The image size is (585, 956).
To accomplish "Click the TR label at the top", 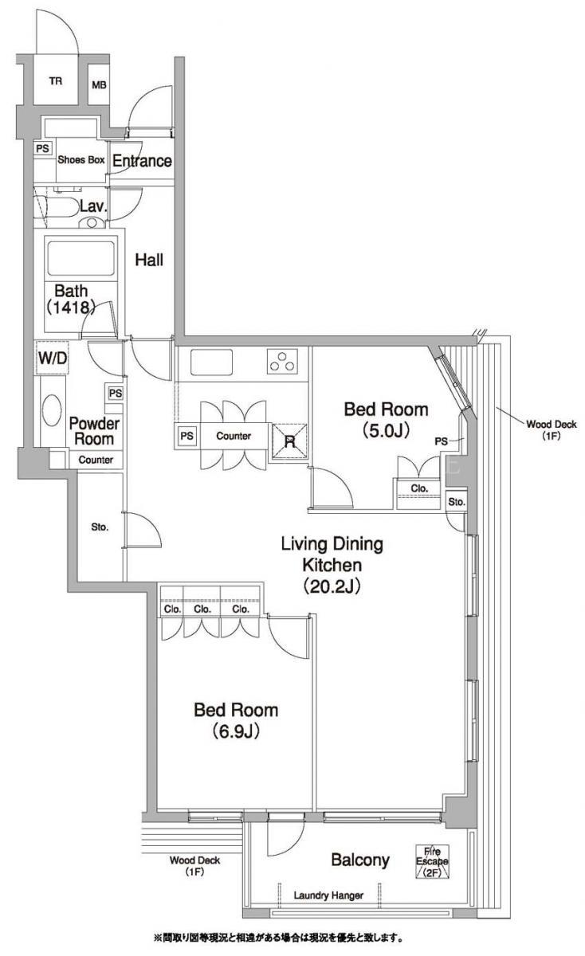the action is [x=56, y=80].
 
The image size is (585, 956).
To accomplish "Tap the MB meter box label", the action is [x=99, y=85].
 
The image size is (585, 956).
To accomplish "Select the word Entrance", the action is [x=142, y=160].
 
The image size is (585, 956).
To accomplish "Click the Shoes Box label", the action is [x=81, y=159].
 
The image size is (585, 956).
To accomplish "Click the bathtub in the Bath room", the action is [x=81, y=259].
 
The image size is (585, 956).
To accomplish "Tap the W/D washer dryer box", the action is [x=53, y=358].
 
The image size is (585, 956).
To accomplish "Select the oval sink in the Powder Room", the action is [x=52, y=410].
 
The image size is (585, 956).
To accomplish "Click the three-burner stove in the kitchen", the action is [x=282, y=361].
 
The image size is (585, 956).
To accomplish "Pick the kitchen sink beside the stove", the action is [x=212, y=362].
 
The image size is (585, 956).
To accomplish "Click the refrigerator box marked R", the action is [x=290, y=441].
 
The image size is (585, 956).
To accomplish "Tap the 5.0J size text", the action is [x=386, y=431].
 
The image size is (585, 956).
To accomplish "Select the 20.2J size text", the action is [x=332, y=586].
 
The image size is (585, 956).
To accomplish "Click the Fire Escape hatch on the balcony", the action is [x=432, y=861].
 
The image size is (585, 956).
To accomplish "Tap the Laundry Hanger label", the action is [x=328, y=895].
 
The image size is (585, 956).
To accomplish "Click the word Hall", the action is [x=149, y=260].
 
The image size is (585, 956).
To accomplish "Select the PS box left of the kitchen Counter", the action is [x=186, y=436].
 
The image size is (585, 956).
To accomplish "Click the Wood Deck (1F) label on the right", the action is [x=552, y=429].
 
